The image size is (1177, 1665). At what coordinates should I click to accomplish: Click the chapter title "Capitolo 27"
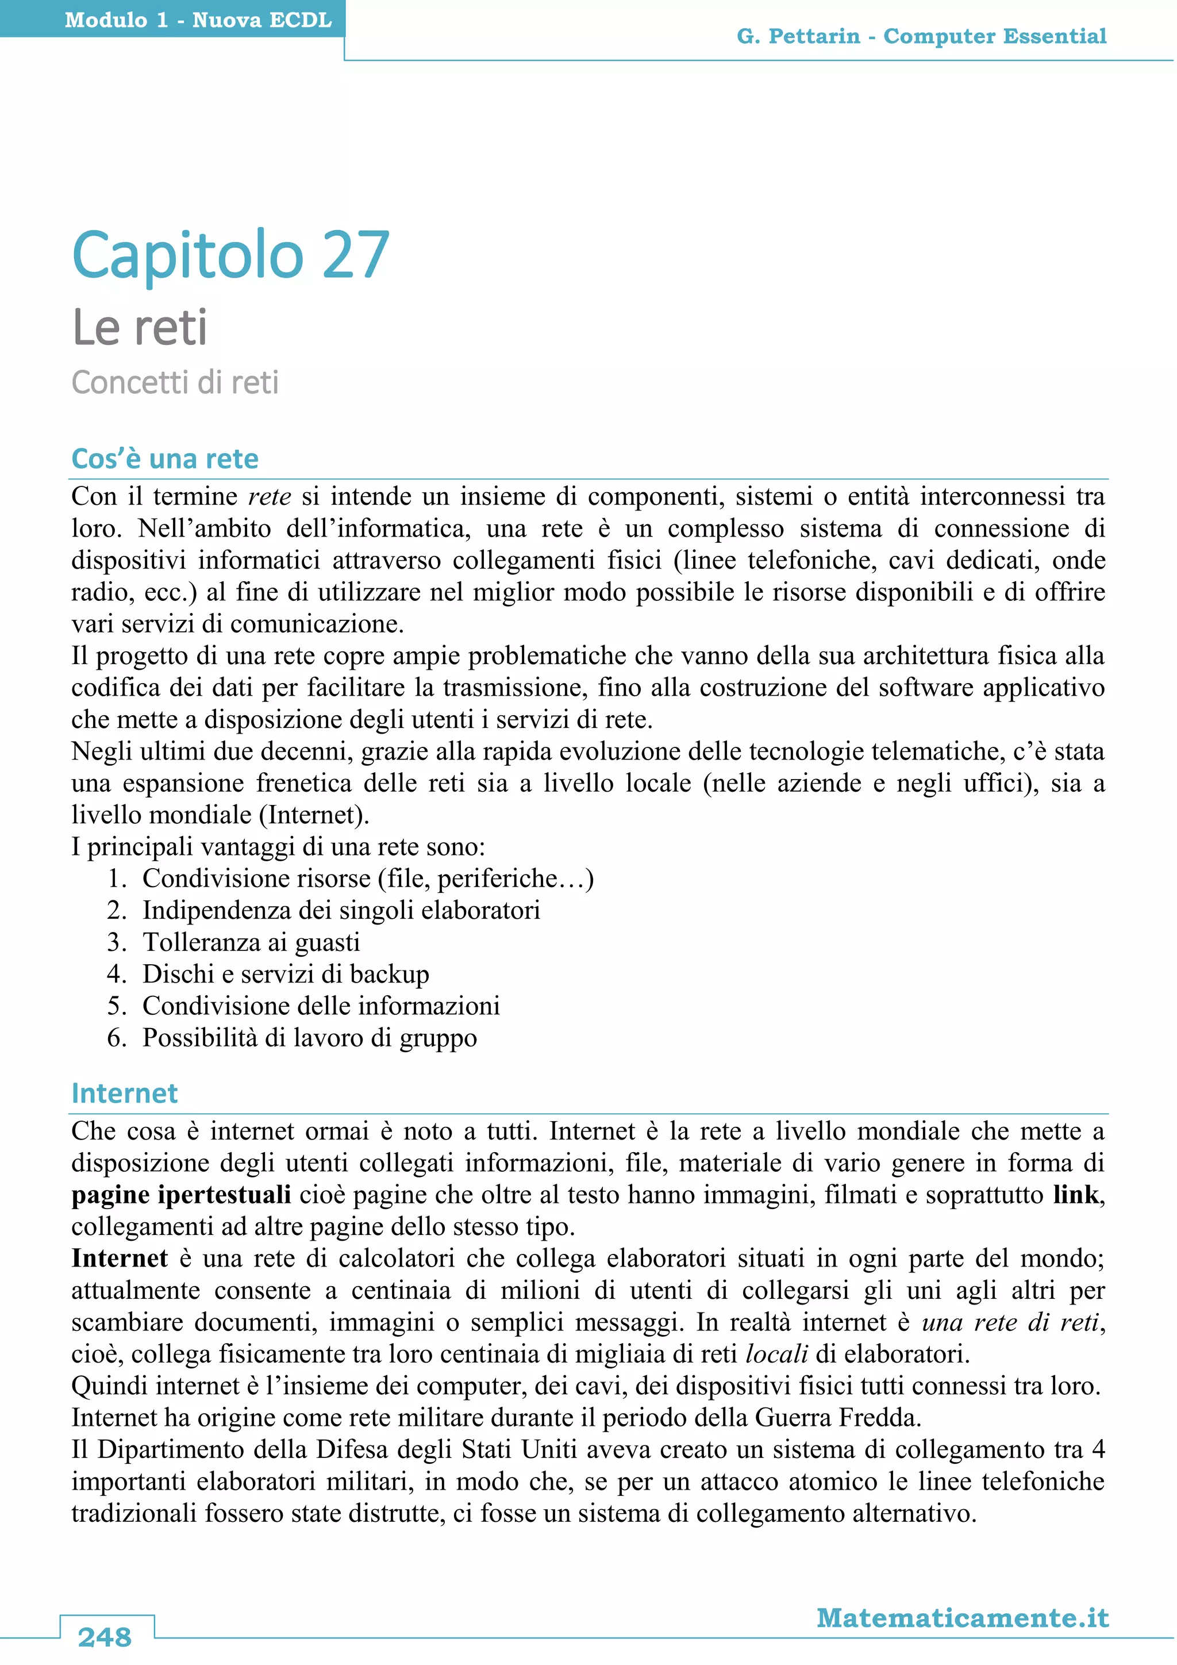point(230,255)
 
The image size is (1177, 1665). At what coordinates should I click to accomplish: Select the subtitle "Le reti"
point(140,328)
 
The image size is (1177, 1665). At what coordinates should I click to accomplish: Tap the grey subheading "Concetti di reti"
point(175,383)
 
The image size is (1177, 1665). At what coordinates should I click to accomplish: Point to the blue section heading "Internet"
point(124,1094)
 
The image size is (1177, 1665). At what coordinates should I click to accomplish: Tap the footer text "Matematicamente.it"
point(963,1618)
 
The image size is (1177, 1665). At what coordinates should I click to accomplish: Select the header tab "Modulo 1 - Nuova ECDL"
point(198,20)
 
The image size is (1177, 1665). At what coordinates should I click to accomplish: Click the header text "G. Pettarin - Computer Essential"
point(921,36)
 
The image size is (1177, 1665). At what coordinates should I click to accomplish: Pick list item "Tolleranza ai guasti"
point(251,942)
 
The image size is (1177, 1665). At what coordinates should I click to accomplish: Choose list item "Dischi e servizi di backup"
point(286,974)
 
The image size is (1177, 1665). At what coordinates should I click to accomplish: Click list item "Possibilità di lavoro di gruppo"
point(309,1038)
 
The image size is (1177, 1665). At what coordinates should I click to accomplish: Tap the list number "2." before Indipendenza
point(117,910)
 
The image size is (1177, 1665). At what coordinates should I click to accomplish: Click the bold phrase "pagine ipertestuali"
point(181,1194)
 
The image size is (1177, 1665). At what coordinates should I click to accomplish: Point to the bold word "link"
point(1075,1194)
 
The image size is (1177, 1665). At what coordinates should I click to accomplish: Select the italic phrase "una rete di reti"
point(1010,1322)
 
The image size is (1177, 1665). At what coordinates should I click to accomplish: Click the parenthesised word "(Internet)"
point(314,814)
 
